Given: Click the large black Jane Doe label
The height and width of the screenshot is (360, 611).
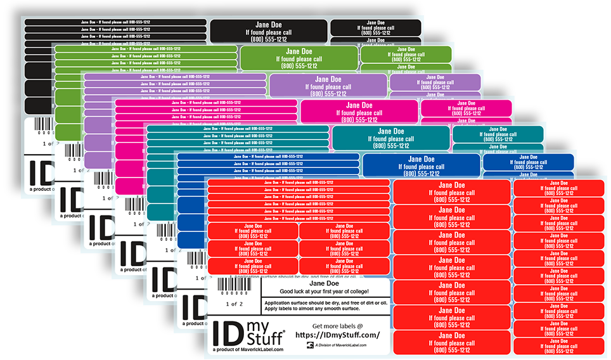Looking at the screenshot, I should [x=269, y=32].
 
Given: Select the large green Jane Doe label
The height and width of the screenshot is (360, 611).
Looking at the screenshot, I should [x=299, y=58].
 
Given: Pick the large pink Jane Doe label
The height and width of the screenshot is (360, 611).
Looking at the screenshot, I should [x=359, y=112].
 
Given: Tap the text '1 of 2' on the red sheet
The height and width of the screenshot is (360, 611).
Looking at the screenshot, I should [x=234, y=304].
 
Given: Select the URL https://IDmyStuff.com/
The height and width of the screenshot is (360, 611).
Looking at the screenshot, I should [x=337, y=335].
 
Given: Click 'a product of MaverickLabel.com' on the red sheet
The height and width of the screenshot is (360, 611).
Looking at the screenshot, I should [x=248, y=349].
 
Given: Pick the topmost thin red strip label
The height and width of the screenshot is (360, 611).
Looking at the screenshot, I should [x=299, y=183].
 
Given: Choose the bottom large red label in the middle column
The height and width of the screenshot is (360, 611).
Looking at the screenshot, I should [x=451, y=342].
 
